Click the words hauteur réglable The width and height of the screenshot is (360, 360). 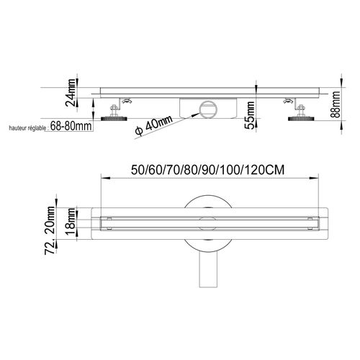tap(26, 128)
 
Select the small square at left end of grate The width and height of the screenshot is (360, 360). tap(107, 217)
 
